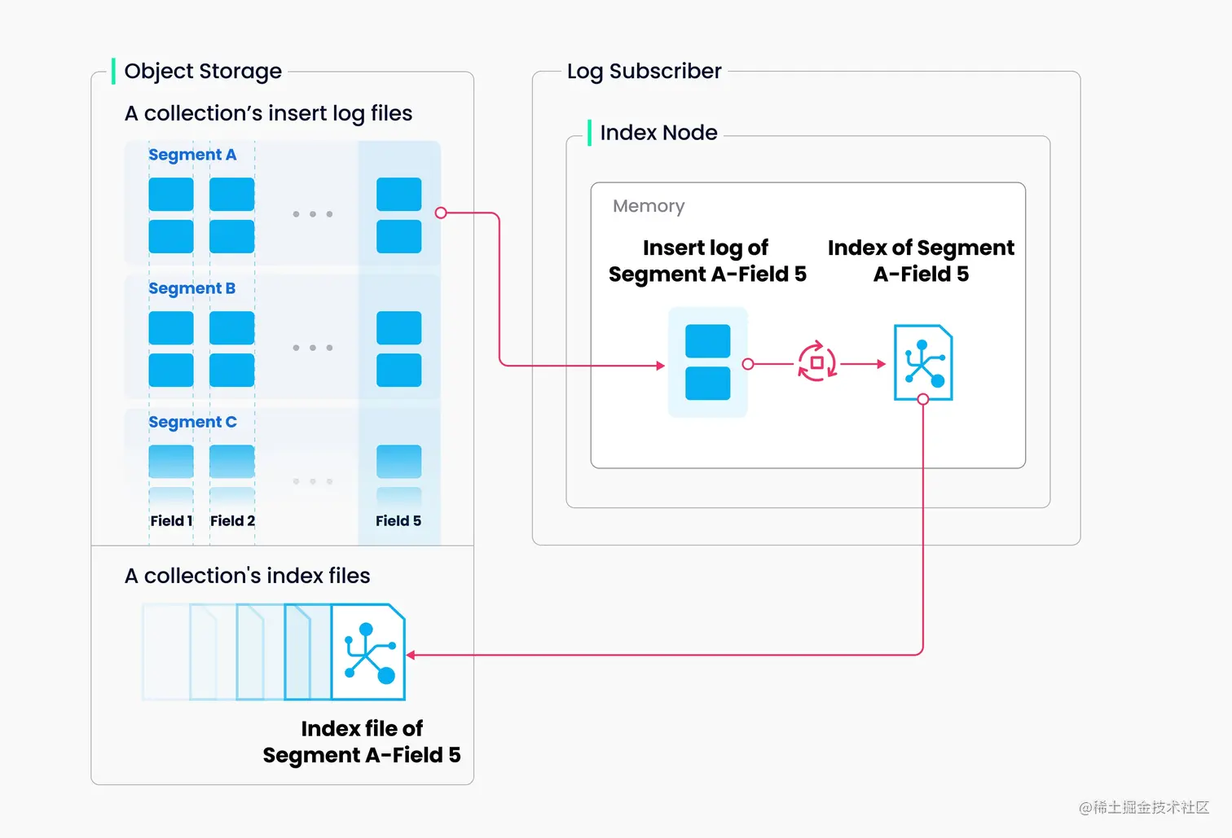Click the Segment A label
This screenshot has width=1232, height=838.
coord(192,155)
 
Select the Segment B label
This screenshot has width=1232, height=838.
coord(192,288)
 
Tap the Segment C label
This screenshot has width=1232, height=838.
coord(192,422)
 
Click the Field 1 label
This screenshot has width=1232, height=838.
coord(171,521)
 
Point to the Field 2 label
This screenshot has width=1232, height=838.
coord(232,521)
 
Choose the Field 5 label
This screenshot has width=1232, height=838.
coord(398,521)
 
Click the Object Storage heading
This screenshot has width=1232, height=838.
coord(203,72)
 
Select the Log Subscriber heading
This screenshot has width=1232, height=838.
coord(644,72)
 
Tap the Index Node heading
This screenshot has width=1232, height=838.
coord(658,133)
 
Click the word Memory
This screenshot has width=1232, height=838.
coord(649,206)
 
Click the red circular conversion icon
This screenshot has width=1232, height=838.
coord(816,362)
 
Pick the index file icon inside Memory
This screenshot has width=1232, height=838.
coord(923,362)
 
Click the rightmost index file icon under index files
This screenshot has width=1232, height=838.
coord(368,652)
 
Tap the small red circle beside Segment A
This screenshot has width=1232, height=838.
coord(441,213)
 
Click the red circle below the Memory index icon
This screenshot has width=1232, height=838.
coord(923,399)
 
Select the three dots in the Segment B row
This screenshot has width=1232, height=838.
coord(313,348)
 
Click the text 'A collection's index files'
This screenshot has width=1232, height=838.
coord(247,576)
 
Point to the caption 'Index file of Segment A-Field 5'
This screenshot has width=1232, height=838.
coord(362,742)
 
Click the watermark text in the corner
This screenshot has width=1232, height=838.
coord(1144,807)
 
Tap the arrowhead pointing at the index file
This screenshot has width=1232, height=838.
coord(411,655)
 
